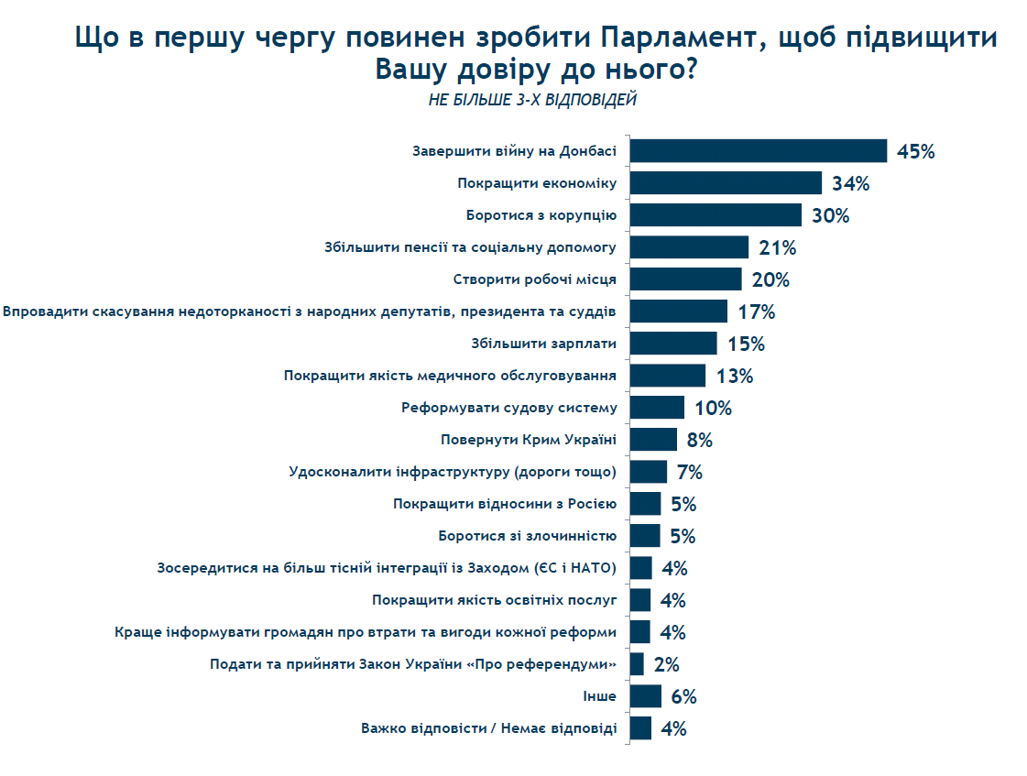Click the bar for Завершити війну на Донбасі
[759, 151]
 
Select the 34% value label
[850, 183]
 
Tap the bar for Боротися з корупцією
[716, 215]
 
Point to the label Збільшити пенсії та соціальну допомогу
[470, 247]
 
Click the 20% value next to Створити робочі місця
[769, 279]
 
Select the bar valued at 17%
[678, 311]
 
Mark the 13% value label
[734, 376]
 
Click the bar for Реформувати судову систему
[657, 408]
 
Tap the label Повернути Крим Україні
[529, 440]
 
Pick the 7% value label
[690, 473]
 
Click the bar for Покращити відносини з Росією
[645, 504]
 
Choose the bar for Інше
[646, 696]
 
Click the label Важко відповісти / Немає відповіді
[488, 729]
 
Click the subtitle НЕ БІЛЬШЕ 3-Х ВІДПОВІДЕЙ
[532, 100]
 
